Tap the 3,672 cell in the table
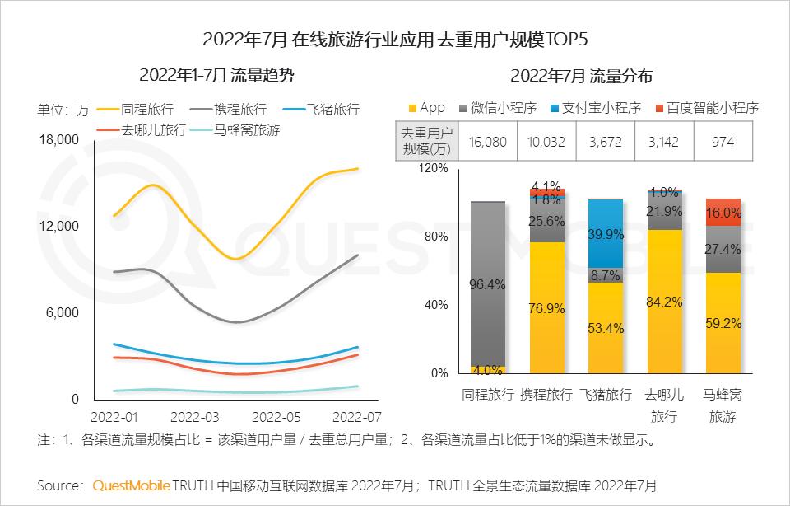coord(606,142)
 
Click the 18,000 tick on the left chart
coord(58,140)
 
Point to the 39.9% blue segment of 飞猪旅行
coord(605,233)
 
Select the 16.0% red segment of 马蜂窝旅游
coord(724,212)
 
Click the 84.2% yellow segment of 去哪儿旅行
coord(665,302)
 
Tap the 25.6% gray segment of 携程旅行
coord(546,221)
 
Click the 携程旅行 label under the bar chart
coord(546,395)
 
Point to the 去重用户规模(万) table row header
coord(425,141)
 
